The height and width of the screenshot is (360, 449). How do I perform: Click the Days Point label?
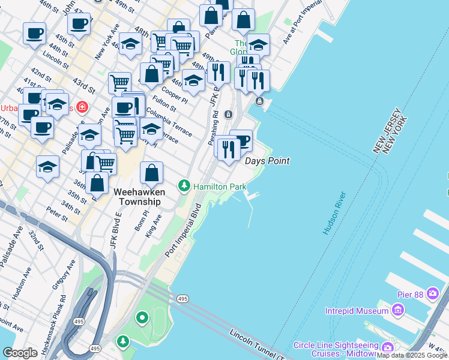(x=267, y=161)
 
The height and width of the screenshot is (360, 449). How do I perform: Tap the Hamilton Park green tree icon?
(x=185, y=187)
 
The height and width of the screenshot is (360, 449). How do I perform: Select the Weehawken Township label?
(x=137, y=197)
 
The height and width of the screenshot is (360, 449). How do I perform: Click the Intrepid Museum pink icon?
(x=397, y=311)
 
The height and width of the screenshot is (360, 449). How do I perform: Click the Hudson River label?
(x=334, y=213)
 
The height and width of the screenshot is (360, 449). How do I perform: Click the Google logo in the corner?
(x=20, y=353)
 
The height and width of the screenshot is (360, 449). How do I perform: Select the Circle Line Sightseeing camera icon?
(x=387, y=347)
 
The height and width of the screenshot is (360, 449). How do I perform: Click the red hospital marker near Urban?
(x=80, y=107)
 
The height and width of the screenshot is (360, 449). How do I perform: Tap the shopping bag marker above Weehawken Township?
(x=152, y=173)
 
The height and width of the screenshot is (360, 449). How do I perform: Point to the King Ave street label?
(x=154, y=227)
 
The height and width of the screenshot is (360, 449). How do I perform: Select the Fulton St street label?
(x=164, y=104)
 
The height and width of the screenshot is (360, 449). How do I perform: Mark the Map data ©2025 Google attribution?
(x=412, y=355)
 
